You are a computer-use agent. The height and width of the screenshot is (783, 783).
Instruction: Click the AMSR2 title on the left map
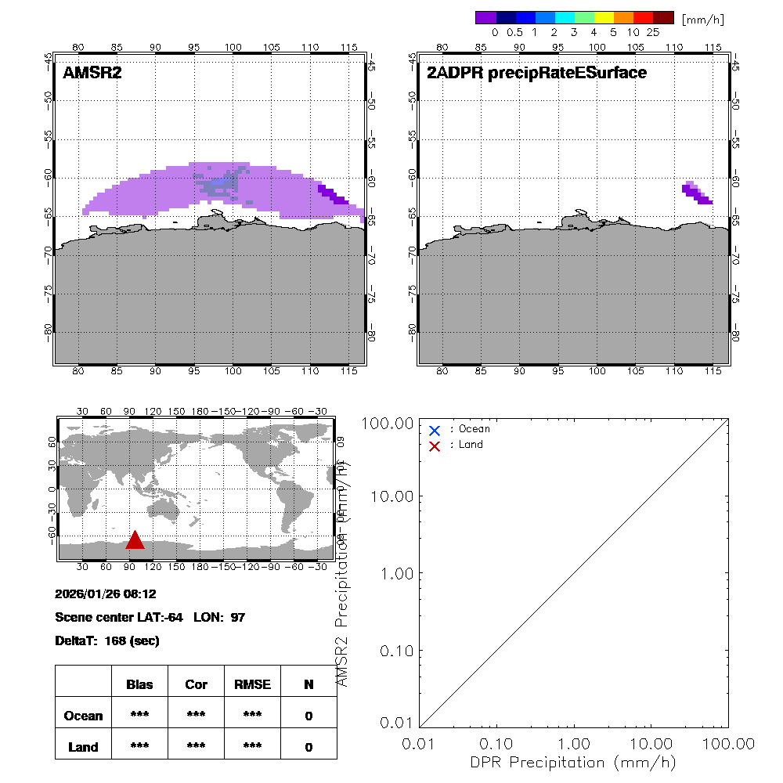coord(92,74)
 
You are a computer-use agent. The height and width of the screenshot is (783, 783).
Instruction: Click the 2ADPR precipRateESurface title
coord(536,74)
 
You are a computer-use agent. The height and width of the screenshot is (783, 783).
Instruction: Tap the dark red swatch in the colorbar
coord(663,17)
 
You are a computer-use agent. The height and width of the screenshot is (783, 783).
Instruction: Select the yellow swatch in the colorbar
coord(604,17)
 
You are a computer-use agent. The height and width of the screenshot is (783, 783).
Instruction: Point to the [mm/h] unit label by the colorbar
coord(703,18)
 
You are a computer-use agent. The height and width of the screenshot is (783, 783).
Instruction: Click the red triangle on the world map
coord(135,541)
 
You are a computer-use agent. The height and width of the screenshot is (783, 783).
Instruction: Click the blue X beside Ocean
coord(435,430)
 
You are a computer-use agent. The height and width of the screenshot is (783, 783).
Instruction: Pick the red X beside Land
coord(435,446)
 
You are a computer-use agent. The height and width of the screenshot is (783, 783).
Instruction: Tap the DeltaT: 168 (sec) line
coord(107,641)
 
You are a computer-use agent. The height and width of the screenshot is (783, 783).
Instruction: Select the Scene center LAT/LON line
coord(150,618)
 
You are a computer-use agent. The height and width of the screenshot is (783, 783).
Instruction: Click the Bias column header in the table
coord(139,684)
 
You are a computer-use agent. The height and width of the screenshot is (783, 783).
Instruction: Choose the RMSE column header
coord(252,684)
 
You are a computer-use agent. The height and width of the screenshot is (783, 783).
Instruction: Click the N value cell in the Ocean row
coord(309,716)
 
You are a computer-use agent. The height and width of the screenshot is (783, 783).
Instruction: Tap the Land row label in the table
coord(83,747)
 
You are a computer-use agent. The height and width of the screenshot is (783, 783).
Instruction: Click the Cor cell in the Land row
coord(196,747)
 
